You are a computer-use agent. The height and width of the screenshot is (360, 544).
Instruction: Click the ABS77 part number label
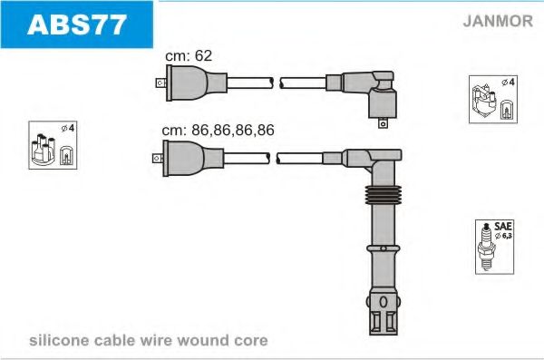77,24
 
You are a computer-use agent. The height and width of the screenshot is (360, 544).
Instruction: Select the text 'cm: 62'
188,56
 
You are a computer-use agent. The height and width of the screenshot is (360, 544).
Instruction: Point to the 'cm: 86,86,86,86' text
218,131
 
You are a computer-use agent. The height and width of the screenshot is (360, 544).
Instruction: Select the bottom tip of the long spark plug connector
382,318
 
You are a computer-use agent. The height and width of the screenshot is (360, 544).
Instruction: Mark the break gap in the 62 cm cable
276,83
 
